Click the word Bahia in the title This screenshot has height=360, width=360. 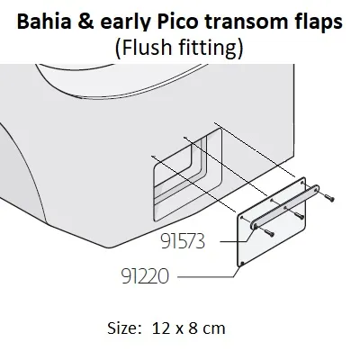(44, 22)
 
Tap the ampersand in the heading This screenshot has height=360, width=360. (86, 22)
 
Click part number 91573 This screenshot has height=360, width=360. (183, 241)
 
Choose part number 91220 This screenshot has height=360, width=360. (145, 276)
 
